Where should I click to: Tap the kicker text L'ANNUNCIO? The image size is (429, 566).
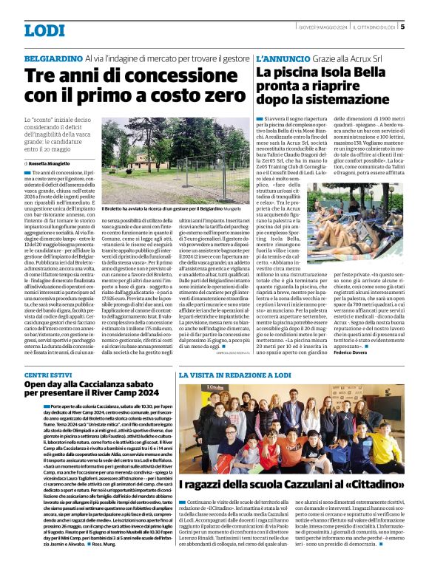(x=280, y=57)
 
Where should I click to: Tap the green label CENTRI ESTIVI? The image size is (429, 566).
(x=47, y=376)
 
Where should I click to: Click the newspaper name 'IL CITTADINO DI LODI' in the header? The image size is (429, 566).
(x=374, y=28)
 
